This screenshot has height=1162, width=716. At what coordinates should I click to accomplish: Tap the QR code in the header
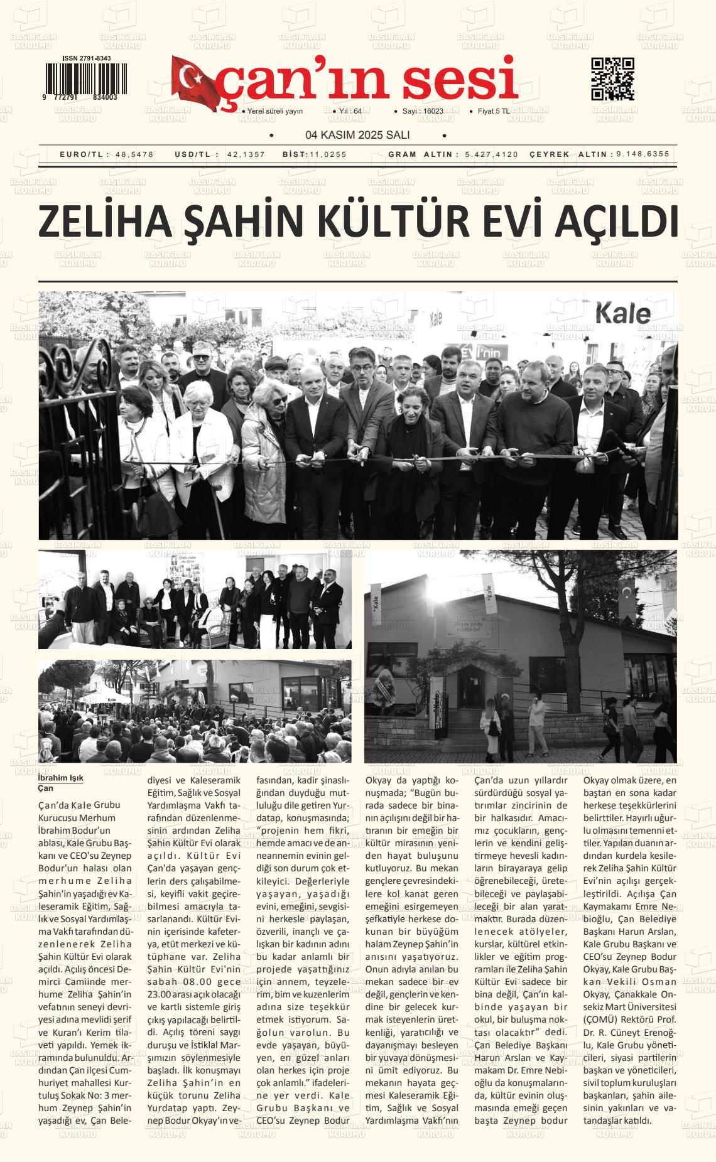point(612,79)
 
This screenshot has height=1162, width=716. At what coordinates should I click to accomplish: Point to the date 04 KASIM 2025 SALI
point(357,135)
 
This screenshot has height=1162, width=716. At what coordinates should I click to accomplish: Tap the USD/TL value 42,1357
point(246,154)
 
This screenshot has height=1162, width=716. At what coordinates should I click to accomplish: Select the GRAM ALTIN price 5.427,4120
point(492,154)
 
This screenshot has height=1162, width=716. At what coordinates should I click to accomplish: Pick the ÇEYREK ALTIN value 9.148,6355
point(643,154)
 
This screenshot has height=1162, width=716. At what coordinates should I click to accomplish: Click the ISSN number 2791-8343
point(87,58)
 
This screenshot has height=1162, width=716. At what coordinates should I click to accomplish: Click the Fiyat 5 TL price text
point(494,112)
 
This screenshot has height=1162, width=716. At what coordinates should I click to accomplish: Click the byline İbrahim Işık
point(61,778)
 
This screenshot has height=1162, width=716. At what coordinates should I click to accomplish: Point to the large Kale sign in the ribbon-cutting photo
point(622,313)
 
